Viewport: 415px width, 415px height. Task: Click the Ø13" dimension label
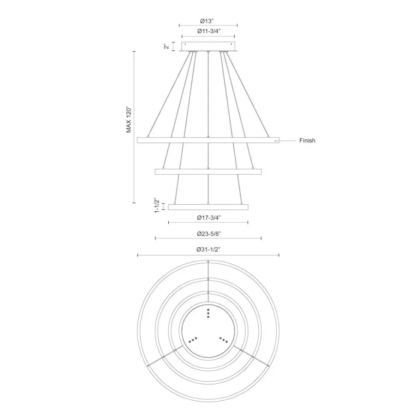[208, 21]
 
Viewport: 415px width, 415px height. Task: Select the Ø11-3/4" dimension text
[208, 31]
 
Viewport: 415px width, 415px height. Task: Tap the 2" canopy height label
[166, 47]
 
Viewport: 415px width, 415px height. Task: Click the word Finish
[307, 141]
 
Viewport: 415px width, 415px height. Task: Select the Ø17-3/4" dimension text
[208, 217]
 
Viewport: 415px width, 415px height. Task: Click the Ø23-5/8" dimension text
[208, 234]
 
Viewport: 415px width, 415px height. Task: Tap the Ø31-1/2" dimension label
[208, 249]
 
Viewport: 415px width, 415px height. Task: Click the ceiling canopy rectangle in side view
[208, 47]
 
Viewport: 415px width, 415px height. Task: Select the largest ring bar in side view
[208, 140]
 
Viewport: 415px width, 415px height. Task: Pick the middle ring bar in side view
[208, 172]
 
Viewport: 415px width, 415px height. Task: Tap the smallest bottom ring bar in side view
[208, 207]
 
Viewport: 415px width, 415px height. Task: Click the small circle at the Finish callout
[276, 140]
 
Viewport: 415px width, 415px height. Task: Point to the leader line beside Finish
[287, 140]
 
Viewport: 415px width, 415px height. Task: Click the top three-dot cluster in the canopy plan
[208, 313]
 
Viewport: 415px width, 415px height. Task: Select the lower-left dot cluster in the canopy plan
[192, 339]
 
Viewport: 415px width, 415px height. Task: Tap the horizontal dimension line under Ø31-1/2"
[208, 255]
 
